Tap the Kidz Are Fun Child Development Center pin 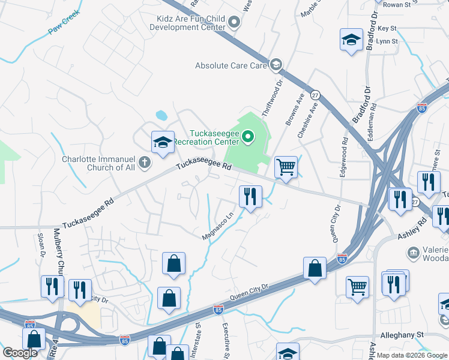(235, 23)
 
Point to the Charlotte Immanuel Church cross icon (144, 162)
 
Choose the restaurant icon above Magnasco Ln (250, 196)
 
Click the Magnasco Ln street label (217, 227)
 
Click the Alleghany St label (402, 335)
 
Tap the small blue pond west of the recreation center (161, 115)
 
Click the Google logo (20, 353)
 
